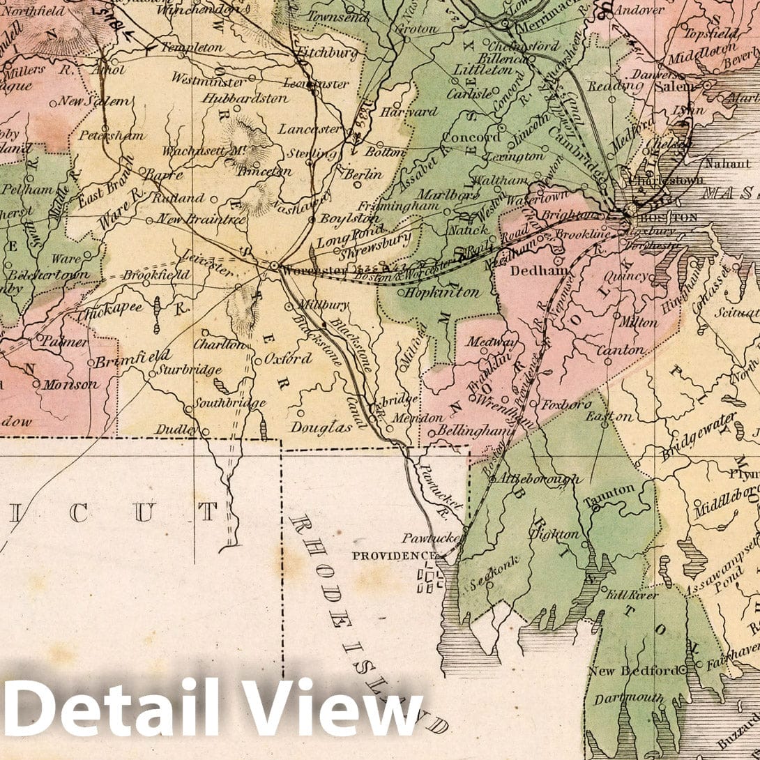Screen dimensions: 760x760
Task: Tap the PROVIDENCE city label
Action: (x=393, y=556)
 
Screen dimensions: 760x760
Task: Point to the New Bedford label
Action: (x=633, y=671)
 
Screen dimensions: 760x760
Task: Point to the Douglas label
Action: (x=321, y=427)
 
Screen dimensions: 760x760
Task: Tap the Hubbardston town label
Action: (x=245, y=98)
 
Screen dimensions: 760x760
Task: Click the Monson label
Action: (x=71, y=384)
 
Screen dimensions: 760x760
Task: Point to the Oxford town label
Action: (x=288, y=359)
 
